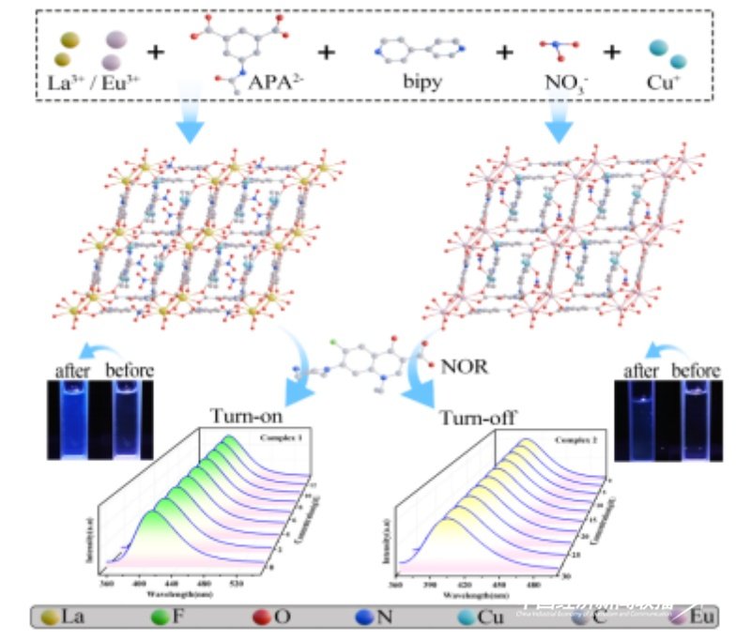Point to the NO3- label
pos(555,80)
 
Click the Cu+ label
pos(668,80)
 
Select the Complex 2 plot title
pos(567,438)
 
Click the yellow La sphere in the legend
pos(47,616)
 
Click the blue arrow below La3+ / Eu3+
pos(189,123)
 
